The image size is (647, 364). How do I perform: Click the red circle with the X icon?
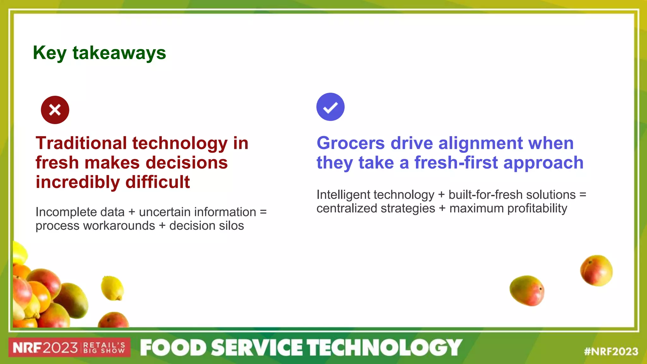click(55, 110)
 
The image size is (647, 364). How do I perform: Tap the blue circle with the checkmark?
click(330, 107)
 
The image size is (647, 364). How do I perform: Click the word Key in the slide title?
click(50, 53)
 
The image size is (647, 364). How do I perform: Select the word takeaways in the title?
click(119, 53)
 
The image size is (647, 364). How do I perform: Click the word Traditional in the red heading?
click(81, 143)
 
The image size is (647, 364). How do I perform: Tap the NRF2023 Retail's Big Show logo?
click(69, 348)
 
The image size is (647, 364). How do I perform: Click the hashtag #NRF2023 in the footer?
click(611, 351)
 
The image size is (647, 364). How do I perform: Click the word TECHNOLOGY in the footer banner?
click(385, 348)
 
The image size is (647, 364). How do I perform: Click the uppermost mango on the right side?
click(596, 270)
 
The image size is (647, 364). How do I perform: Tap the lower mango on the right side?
click(527, 291)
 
